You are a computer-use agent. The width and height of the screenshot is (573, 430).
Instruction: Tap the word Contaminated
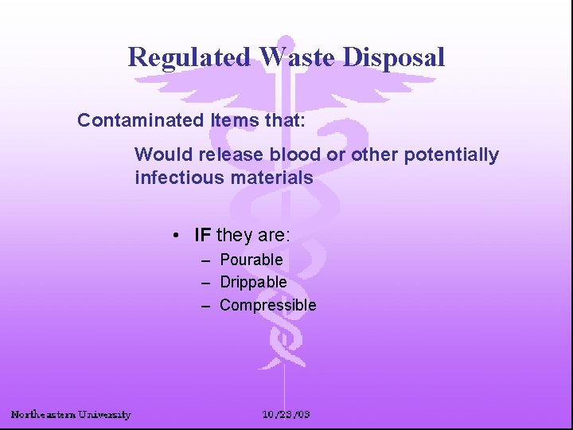pyautogui.click(x=141, y=121)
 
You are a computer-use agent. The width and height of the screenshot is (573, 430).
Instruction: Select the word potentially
pyautogui.click(x=451, y=154)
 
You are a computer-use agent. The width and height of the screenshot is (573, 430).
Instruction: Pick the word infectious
pyautogui.click(x=177, y=178)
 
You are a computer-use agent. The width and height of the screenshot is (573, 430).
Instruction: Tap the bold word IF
pyautogui.click(x=203, y=235)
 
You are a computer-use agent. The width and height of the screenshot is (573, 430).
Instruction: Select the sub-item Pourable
pyautogui.click(x=251, y=260)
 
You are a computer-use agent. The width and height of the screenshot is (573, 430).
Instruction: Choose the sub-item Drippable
pyautogui.click(x=253, y=282)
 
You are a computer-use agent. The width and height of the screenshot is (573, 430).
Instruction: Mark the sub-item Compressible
pyautogui.click(x=267, y=305)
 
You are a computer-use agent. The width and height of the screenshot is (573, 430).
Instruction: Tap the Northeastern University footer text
pyautogui.click(x=71, y=414)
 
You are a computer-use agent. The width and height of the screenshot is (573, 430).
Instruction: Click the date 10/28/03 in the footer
pyautogui.click(x=286, y=414)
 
